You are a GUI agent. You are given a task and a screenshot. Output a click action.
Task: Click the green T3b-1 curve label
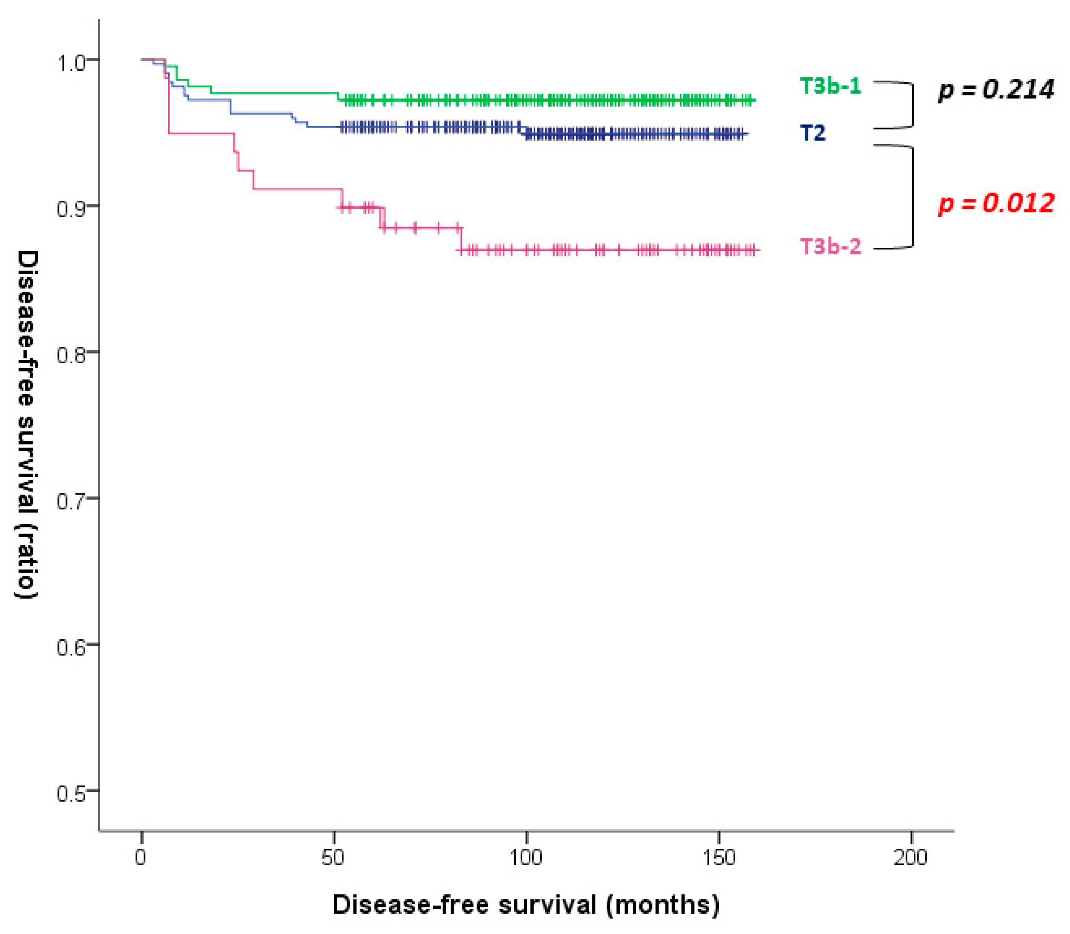(830, 86)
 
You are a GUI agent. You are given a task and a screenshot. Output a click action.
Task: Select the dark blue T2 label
(812, 133)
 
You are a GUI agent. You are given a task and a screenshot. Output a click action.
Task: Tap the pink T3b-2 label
(830, 246)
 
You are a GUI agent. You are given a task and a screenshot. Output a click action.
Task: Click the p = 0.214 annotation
(995, 90)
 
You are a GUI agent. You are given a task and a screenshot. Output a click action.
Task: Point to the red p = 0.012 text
(995, 203)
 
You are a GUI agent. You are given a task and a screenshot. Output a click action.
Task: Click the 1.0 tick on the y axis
(70, 63)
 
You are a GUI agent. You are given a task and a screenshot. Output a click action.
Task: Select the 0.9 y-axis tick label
(70, 209)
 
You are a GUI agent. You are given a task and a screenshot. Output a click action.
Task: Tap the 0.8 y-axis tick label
(70, 356)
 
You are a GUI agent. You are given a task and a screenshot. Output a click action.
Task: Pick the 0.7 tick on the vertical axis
(70, 502)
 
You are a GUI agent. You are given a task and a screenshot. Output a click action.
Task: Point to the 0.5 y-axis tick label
(70, 794)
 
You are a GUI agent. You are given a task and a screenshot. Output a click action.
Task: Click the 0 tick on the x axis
(141, 857)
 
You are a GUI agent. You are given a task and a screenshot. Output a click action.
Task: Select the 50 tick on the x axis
(333, 857)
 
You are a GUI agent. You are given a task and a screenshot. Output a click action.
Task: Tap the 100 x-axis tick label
(526, 857)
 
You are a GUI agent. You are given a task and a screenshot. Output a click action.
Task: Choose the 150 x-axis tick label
(718, 857)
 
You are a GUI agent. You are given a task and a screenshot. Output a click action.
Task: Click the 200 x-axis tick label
(910, 857)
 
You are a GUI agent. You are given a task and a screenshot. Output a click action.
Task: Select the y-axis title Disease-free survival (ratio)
(26, 425)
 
